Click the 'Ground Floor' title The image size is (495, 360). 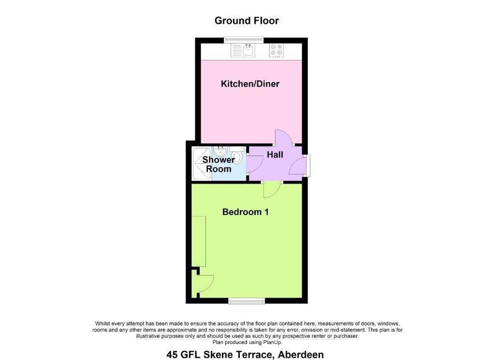pyautogui.click(x=247, y=21)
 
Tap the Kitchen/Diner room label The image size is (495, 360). pyautogui.click(x=250, y=84)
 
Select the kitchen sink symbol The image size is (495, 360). pyautogui.click(x=243, y=50)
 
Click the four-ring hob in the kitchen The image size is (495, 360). pyautogui.click(x=276, y=50)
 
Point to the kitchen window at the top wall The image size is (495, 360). pyautogui.click(x=244, y=40)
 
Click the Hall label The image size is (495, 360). pyautogui.click(x=275, y=155)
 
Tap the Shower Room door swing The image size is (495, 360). pyautogui.click(x=254, y=164)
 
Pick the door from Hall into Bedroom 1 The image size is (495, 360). pyautogui.click(x=272, y=190)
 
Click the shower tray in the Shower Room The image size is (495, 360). pyautogui.click(x=202, y=164)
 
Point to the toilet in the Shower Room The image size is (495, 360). pyautogui.click(x=237, y=156)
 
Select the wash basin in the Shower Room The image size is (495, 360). pyautogui.click(x=220, y=151)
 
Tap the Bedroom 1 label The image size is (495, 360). pyautogui.click(x=245, y=212)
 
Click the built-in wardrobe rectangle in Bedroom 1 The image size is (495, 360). pyautogui.click(x=199, y=241)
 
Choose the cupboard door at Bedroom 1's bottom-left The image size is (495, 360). pyautogui.click(x=205, y=283)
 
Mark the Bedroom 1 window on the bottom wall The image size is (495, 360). pyautogui.click(x=247, y=302)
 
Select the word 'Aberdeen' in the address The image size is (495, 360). pyautogui.click(x=301, y=355)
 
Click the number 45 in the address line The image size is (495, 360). pyautogui.click(x=173, y=355)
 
